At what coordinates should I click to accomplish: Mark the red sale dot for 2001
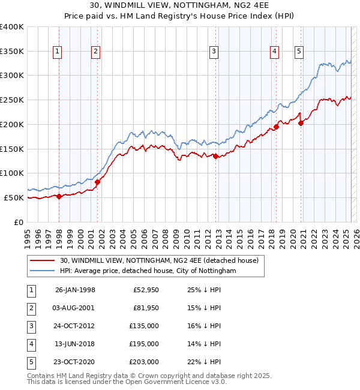click(x=98, y=182)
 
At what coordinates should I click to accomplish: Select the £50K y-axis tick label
click(x=14, y=197)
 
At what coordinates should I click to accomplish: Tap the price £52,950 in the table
click(x=144, y=290)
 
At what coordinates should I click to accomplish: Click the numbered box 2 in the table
click(x=31, y=308)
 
